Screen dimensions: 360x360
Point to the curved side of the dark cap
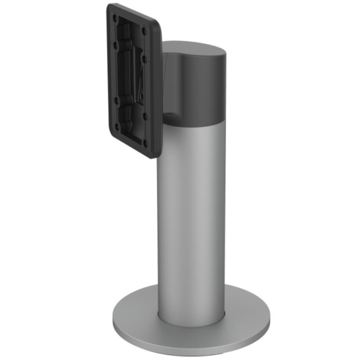tap(202, 90)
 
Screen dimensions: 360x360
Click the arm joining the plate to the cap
tap(167, 101)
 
